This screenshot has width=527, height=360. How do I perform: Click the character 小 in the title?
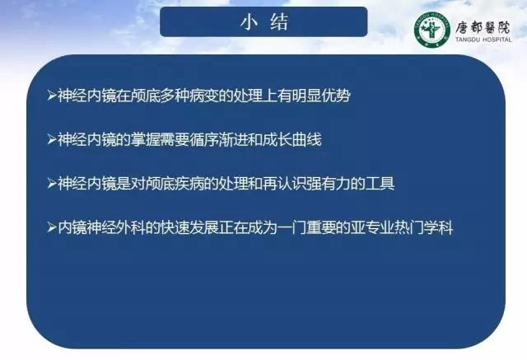[x=249, y=22]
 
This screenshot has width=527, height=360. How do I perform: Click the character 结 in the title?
[x=279, y=22]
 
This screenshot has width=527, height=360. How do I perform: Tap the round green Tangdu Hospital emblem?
[x=431, y=29]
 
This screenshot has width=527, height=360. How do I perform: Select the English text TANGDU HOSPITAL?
[x=483, y=40]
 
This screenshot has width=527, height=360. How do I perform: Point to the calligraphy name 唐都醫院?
[x=483, y=27]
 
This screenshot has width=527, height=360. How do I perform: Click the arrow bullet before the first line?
[x=52, y=96]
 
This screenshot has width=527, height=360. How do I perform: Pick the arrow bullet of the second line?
[x=52, y=139]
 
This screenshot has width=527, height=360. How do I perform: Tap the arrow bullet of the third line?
[x=52, y=184]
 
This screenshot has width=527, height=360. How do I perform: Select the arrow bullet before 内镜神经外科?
[x=52, y=227]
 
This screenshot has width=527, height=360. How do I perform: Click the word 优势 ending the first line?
[x=336, y=96]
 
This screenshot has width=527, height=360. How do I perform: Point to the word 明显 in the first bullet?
[x=306, y=96]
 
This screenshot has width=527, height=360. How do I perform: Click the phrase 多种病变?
[x=189, y=96]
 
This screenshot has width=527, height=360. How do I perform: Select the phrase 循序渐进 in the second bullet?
[x=218, y=139]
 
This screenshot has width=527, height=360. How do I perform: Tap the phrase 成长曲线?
[x=292, y=139]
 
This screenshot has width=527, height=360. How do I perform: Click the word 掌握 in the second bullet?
[x=145, y=139]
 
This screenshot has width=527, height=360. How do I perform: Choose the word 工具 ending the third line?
[x=380, y=184]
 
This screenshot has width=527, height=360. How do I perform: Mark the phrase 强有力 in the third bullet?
[x=329, y=184]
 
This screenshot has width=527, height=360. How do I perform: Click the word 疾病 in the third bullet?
[x=189, y=184]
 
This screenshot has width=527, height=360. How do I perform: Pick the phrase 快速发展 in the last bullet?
[x=189, y=227]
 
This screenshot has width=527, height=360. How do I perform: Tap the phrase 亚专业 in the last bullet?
[x=372, y=227]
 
